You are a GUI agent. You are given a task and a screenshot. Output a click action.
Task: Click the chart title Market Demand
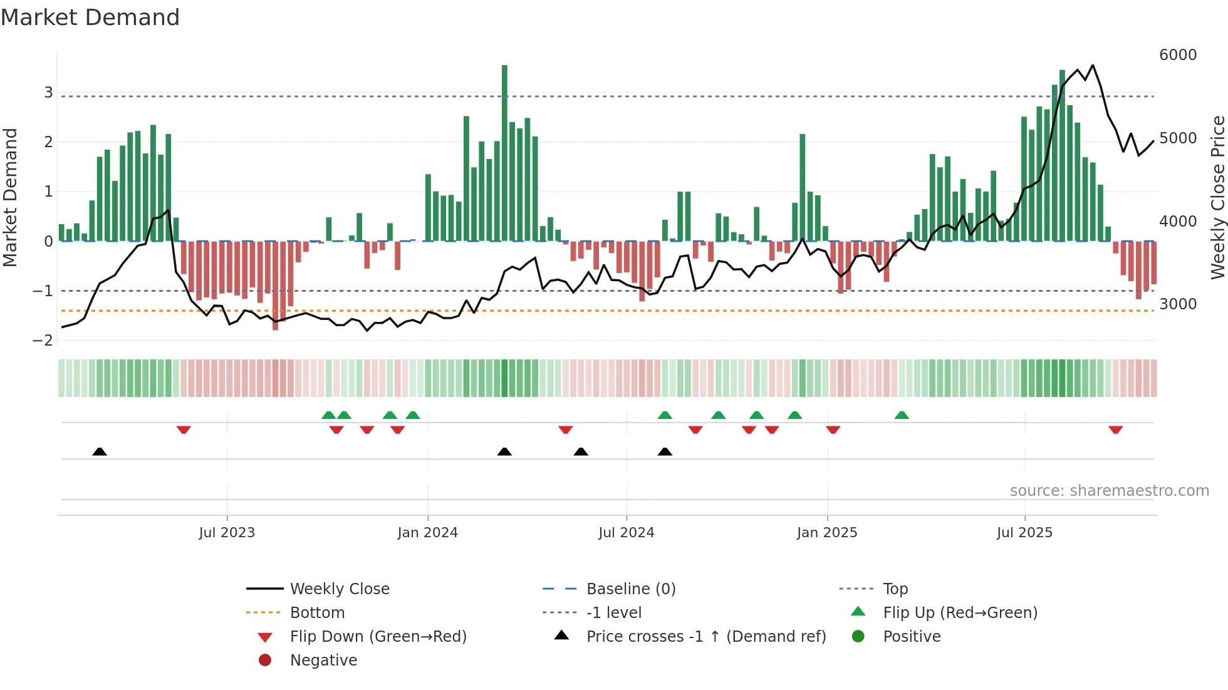pyautogui.click(x=90, y=18)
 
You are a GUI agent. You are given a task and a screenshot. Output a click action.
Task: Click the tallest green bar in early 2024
pyautogui.click(x=504, y=150)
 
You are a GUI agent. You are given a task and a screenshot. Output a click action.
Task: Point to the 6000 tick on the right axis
pyautogui.click(x=1177, y=55)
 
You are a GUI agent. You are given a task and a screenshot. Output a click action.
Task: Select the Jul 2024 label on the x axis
pyautogui.click(x=626, y=533)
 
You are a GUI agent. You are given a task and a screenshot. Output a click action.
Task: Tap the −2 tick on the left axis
pyautogui.click(x=43, y=341)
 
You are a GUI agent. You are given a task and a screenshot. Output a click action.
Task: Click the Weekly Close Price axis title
pyautogui.click(x=1217, y=197)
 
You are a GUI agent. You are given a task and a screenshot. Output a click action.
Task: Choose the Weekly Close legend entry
pyautogui.click(x=339, y=589)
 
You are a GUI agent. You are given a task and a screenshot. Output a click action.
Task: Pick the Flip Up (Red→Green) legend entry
pyautogui.click(x=960, y=613)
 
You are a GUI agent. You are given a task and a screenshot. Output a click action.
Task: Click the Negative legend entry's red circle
pyautogui.click(x=265, y=661)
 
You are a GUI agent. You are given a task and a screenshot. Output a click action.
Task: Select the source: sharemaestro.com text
pyautogui.click(x=1109, y=491)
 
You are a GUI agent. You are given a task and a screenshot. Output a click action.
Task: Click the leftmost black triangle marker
pyautogui.click(x=100, y=451)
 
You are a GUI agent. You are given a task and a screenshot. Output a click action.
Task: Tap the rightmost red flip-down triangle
pyautogui.click(x=1115, y=430)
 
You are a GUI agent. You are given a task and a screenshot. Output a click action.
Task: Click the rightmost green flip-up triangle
pyautogui.click(x=902, y=415)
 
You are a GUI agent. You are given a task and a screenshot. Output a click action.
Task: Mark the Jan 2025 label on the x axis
pyautogui.click(x=826, y=533)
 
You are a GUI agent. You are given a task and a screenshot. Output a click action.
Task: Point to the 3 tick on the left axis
pyautogui.click(x=48, y=93)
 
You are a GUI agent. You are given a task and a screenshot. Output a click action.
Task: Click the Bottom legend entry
pyautogui.click(x=317, y=613)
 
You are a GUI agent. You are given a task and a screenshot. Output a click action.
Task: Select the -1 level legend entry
pyautogui.click(x=613, y=613)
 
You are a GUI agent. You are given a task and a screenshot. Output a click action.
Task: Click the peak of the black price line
pyautogui.click(x=1093, y=65)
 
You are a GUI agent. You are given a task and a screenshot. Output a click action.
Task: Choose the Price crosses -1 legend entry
pyautogui.click(x=705, y=637)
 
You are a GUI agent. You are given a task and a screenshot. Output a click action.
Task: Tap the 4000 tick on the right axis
pyautogui.click(x=1177, y=222)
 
